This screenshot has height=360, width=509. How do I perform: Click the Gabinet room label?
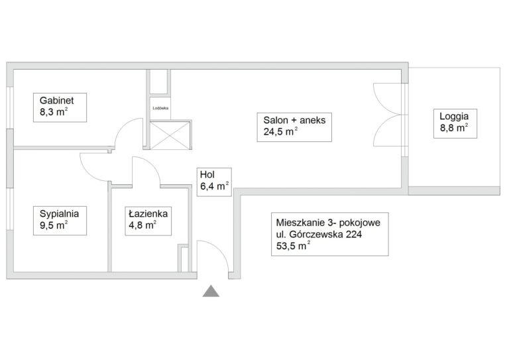click(x=57, y=100)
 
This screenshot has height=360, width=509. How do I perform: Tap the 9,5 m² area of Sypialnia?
click(x=54, y=225)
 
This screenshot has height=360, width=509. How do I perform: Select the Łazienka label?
click(x=148, y=213)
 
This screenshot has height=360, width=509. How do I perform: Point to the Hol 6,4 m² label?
click(x=214, y=182)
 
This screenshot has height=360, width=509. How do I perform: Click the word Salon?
click(x=276, y=120)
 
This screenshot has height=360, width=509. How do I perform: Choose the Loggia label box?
click(x=455, y=124)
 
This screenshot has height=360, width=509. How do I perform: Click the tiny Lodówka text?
click(x=160, y=108)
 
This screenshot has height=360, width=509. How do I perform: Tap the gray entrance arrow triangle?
click(x=211, y=291)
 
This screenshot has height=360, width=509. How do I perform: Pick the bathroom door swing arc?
click(x=151, y=164)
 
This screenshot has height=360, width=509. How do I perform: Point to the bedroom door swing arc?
click(x=87, y=173)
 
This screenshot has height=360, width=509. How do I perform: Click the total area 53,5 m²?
click(x=293, y=246)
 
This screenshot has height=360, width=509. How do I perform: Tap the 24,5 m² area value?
click(x=280, y=131)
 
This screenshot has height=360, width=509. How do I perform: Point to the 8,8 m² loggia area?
click(x=454, y=127)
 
